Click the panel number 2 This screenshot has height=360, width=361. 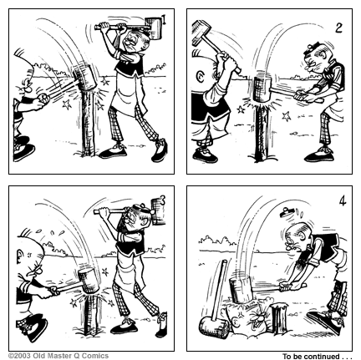(338, 28)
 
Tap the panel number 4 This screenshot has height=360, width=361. (343, 201)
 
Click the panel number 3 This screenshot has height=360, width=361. (163, 200)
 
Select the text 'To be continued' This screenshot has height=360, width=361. (311, 357)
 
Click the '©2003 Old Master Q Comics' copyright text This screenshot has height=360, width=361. (58, 356)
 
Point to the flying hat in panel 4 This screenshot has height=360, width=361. (287, 212)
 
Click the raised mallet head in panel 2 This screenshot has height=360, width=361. (201, 32)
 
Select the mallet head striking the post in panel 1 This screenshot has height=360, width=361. (84, 77)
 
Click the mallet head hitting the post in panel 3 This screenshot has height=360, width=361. (89, 281)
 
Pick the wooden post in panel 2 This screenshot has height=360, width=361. (262, 131)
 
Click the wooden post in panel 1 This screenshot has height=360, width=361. (88, 123)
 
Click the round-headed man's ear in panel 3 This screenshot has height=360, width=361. (21, 255)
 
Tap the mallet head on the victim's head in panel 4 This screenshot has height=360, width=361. (242, 290)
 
